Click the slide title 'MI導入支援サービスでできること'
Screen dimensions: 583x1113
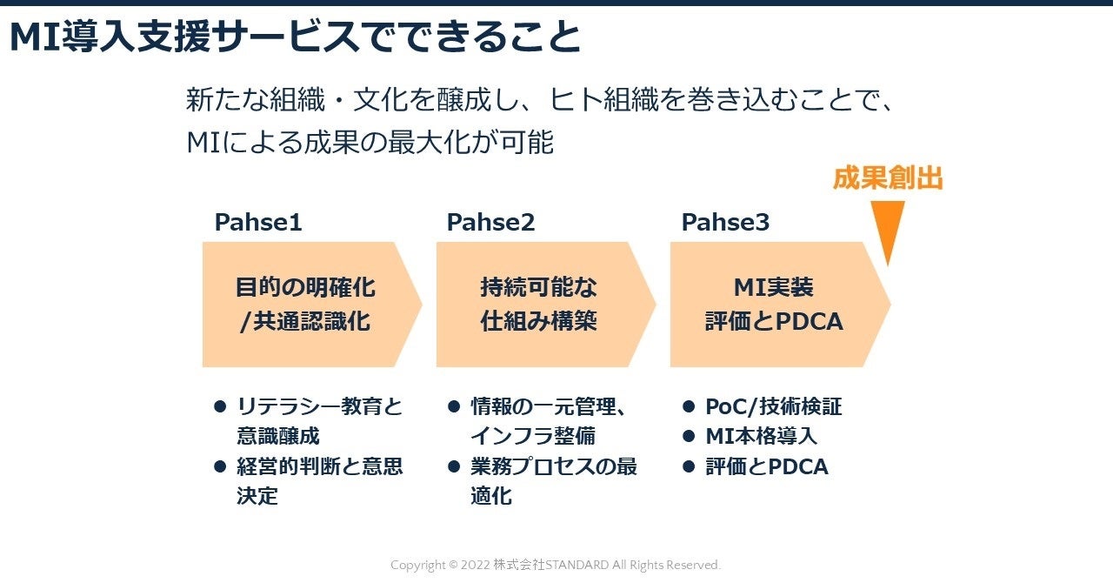(295, 37)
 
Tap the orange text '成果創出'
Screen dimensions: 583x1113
(887, 178)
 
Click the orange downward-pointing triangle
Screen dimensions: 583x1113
(887, 228)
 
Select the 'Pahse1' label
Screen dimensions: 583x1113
(258, 223)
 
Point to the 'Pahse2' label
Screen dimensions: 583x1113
(490, 223)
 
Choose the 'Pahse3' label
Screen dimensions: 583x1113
(725, 223)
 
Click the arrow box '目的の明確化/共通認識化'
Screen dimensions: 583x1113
(305, 304)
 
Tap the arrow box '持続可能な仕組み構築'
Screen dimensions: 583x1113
(539, 304)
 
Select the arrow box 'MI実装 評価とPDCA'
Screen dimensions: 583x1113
(773, 304)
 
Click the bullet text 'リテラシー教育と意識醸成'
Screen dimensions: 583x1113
(318, 421)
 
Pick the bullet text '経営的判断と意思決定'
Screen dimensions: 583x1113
(318, 481)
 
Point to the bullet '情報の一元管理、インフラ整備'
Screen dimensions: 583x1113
(549, 421)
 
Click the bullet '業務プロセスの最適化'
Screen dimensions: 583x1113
(553, 481)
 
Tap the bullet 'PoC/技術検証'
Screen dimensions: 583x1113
(773, 406)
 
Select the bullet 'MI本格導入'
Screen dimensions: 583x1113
(761, 436)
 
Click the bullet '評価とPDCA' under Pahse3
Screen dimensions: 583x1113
(766, 466)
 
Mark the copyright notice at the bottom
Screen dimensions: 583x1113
(556, 566)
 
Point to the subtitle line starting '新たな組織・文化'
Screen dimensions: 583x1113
(540, 100)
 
